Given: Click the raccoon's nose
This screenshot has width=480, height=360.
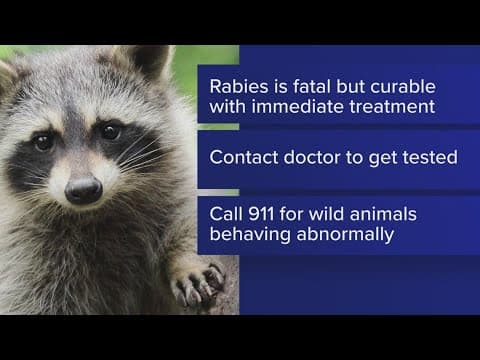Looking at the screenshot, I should [x=82, y=186].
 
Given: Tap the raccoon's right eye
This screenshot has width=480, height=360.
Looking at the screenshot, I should [x=111, y=132].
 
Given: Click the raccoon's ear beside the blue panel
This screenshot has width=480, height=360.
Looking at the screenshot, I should [x=150, y=60].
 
